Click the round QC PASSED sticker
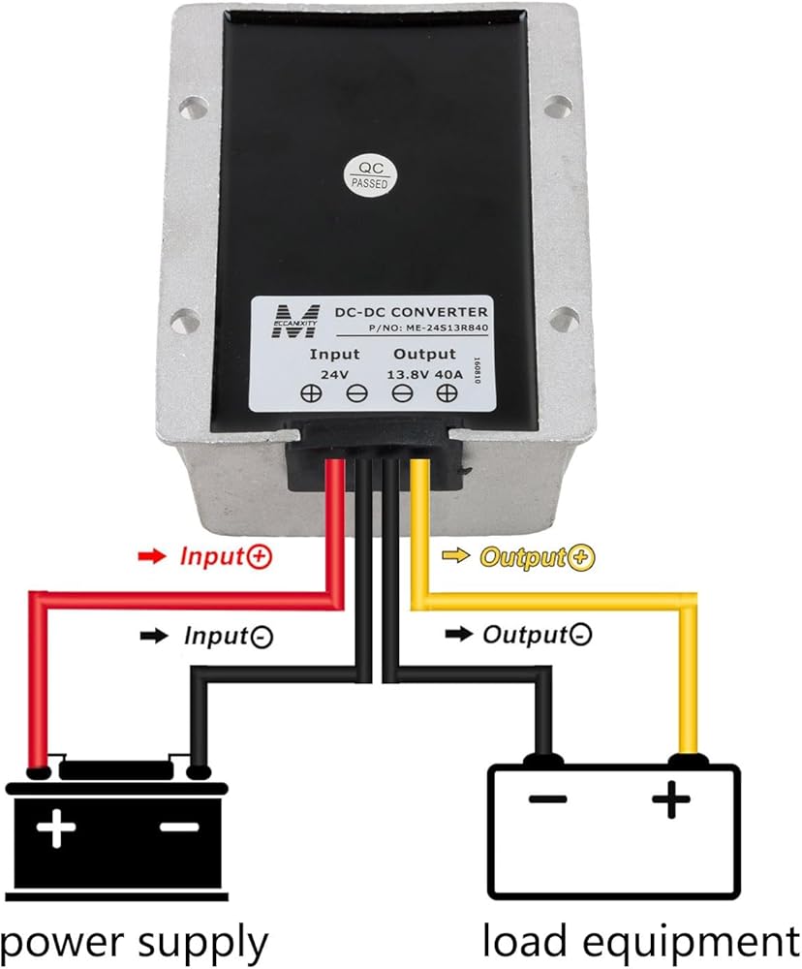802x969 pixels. coord(369,173)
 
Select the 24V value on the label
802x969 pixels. coord(333,374)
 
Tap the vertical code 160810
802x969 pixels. coord(476,373)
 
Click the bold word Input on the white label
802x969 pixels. coord(334,354)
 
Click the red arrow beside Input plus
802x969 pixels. coord(153,556)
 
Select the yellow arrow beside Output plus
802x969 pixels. coord(455,557)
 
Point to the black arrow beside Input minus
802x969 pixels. coord(154,637)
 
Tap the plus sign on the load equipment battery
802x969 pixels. coord(670,800)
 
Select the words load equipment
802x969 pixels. coord(640,940)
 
